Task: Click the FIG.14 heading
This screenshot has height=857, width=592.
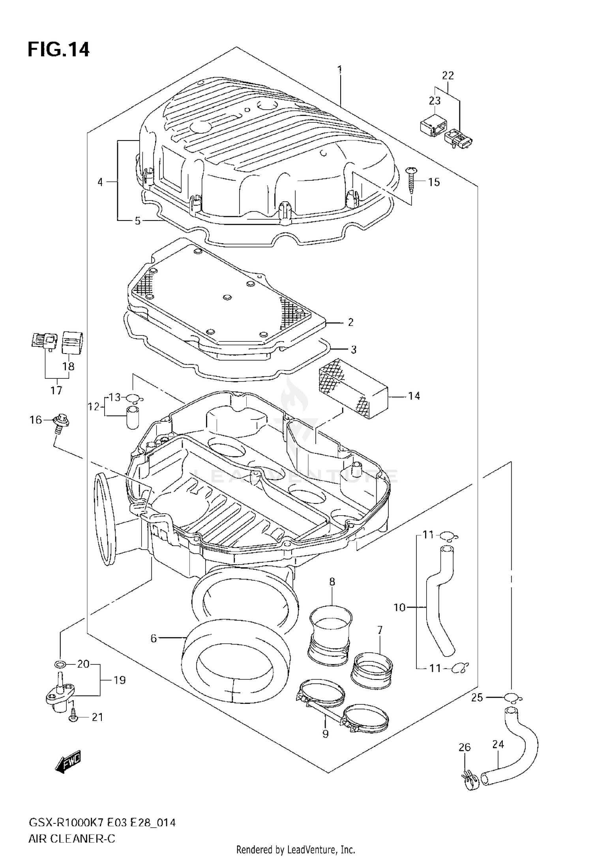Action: point(58,51)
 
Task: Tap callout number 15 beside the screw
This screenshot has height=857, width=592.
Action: point(434,182)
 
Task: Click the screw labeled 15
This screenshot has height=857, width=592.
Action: point(410,179)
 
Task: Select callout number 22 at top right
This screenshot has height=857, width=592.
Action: point(448,75)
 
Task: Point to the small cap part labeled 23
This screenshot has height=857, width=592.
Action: point(433,125)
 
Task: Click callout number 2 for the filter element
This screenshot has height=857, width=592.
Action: point(350,322)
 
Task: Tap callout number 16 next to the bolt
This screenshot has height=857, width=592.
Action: point(36,420)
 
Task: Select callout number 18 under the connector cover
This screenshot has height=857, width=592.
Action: point(68,366)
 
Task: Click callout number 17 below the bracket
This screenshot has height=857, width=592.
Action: point(56,391)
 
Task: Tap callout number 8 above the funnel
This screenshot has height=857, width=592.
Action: point(332,581)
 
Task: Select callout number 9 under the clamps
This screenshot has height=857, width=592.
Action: point(325,735)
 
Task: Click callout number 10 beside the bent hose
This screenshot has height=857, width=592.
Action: point(399,607)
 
